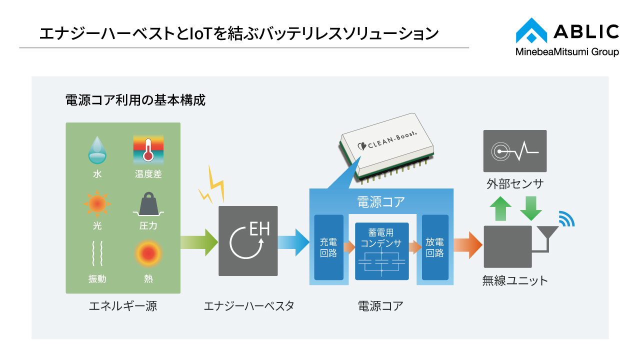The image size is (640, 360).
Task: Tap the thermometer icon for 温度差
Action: click(x=148, y=149)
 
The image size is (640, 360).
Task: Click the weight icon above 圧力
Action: click(x=148, y=204)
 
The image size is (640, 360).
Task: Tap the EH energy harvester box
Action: click(x=248, y=241)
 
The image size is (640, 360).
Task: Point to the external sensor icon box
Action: click(x=514, y=151)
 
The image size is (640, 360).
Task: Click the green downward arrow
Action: click(x=530, y=208)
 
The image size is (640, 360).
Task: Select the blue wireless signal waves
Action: click(x=566, y=218)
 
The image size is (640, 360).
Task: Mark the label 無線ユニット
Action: click(x=515, y=280)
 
